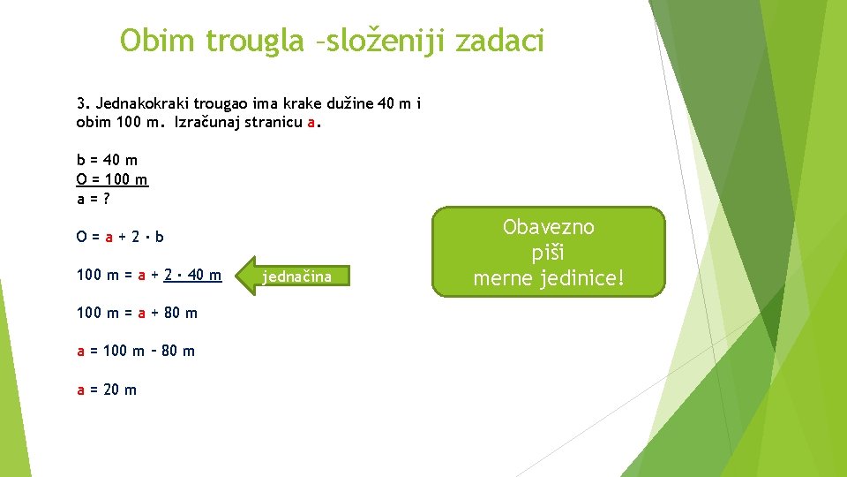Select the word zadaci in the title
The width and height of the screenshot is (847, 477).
pyautogui.click(x=500, y=41)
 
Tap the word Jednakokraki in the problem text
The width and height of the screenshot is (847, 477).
pyautogui.click(x=142, y=104)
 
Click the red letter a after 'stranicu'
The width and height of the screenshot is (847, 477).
pyautogui.click(x=311, y=122)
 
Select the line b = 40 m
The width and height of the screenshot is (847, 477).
pyautogui.click(x=107, y=160)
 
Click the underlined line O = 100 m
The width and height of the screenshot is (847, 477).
pyautogui.click(x=112, y=179)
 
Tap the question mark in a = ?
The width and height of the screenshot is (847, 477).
pyautogui.click(x=106, y=199)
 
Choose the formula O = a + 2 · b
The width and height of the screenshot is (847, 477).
pyautogui.click(x=120, y=237)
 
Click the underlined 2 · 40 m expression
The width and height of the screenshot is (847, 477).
pyautogui.click(x=192, y=275)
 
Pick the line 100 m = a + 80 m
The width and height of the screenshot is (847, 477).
pyautogui.click(x=137, y=313)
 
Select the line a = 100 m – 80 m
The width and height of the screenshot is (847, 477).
pyautogui.click(x=136, y=351)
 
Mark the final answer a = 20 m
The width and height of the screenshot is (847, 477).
pyautogui.click(x=107, y=389)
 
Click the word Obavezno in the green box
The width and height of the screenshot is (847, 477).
pyautogui.click(x=549, y=227)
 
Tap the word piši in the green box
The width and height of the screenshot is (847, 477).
pyautogui.click(x=549, y=253)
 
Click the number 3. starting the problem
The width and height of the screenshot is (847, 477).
pyautogui.click(x=84, y=104)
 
